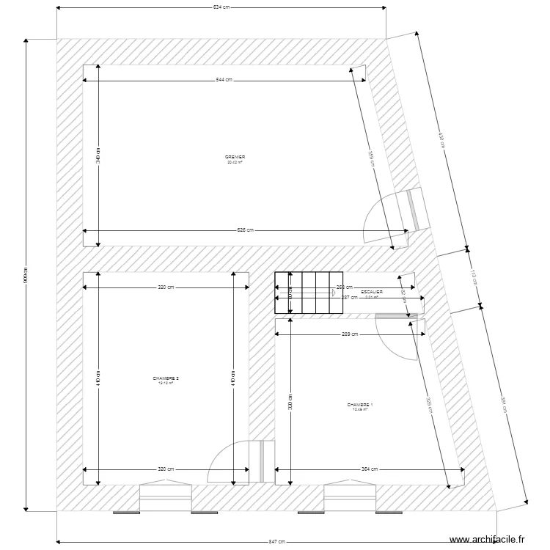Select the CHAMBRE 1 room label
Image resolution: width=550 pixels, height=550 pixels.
coord(359,406)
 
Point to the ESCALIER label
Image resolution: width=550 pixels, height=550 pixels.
coord(371,293)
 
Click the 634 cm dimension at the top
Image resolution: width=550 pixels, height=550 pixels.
coord(221,8)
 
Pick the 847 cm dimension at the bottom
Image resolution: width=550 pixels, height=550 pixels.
coord(276,541)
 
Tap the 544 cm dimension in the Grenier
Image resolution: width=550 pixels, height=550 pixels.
coord(224,80)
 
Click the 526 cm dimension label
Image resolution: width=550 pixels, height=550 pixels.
coord(245,230)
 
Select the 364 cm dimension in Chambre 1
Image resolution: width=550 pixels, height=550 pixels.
coord(370,469)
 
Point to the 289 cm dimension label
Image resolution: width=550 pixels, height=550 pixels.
coord(350,334)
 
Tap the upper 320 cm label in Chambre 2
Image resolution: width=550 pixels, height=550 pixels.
coord(166,287)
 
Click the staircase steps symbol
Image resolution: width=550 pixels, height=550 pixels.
coord(309,293)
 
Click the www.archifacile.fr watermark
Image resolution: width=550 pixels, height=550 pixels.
coord(487,539)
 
